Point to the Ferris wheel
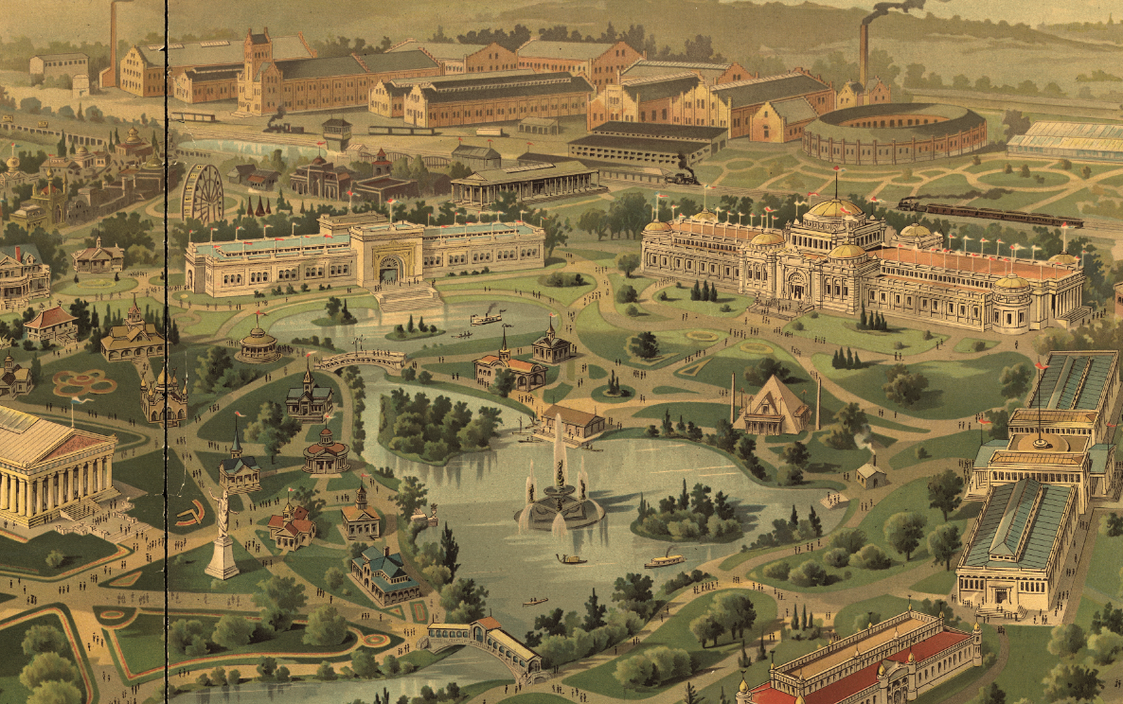pos(202,195)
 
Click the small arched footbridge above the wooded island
pos(361,361)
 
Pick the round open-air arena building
pos(893,134)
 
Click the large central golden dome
pos(833,209)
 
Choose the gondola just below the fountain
pos(571,559)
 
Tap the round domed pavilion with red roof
pos(326,451)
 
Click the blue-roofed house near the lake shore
pos(385,573)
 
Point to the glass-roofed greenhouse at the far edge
pos(1065,139)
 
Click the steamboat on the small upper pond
pos(487,318)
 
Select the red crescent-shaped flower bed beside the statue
pos(191,514)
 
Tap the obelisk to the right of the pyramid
pos(816,402)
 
